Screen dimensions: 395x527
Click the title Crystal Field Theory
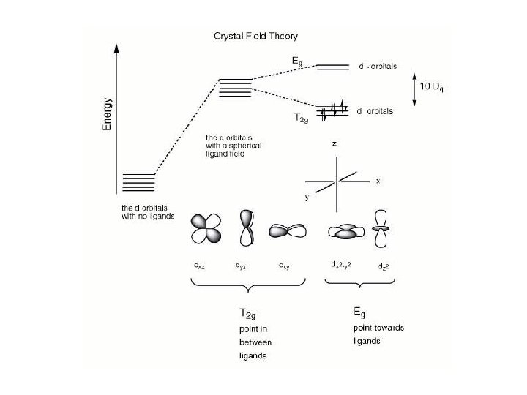[255, 35]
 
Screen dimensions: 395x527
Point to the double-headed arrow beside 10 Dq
[415, 89]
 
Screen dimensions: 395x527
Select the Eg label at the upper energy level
[297, 64]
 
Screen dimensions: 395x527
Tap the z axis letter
[334, 145]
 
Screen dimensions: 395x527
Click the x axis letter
[378, 181]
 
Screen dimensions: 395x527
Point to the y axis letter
[307, 197]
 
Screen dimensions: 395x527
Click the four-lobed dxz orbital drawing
[206, 227]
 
